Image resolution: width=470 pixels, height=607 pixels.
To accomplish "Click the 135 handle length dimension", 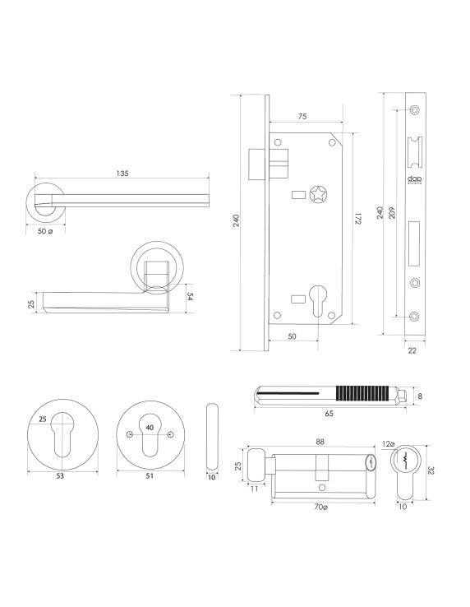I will [x=122, y=174].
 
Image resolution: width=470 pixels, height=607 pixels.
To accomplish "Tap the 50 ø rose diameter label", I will [x=46, y=232].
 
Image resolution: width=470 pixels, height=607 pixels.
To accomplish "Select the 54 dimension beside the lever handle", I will [x=190, y=296].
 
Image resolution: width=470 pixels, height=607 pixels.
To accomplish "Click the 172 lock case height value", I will [x=359, y=220].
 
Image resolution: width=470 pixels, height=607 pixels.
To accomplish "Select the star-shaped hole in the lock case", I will [x=317, y=194].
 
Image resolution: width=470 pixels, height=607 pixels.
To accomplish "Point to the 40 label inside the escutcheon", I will [x=149, y=427].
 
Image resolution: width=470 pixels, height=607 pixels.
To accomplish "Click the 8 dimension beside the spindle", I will [x=419, y=396].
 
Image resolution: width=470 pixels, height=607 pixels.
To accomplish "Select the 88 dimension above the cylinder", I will [x=318, y=442].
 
